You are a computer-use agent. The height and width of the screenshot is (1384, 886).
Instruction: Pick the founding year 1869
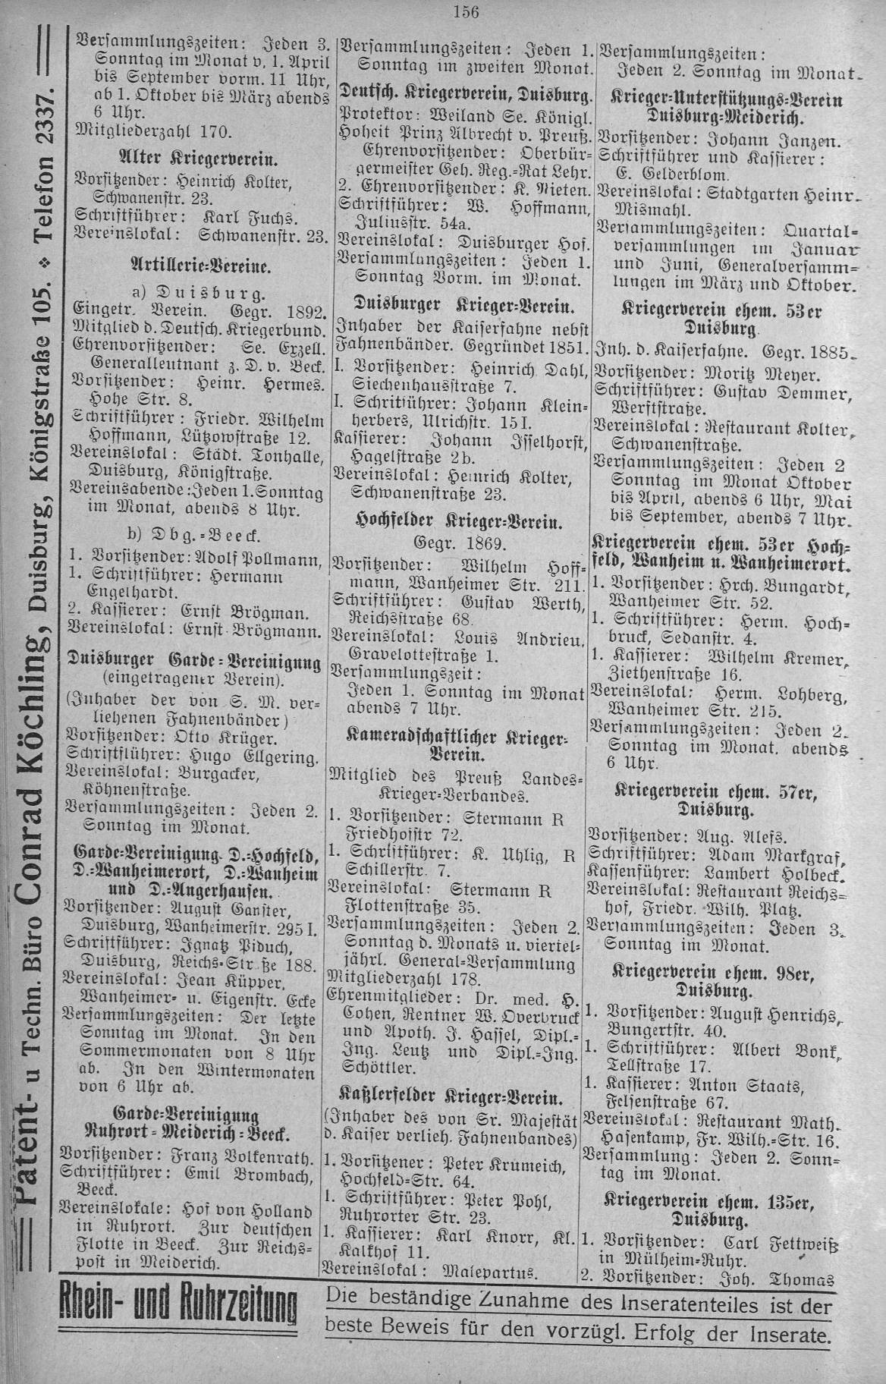point(486,543)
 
